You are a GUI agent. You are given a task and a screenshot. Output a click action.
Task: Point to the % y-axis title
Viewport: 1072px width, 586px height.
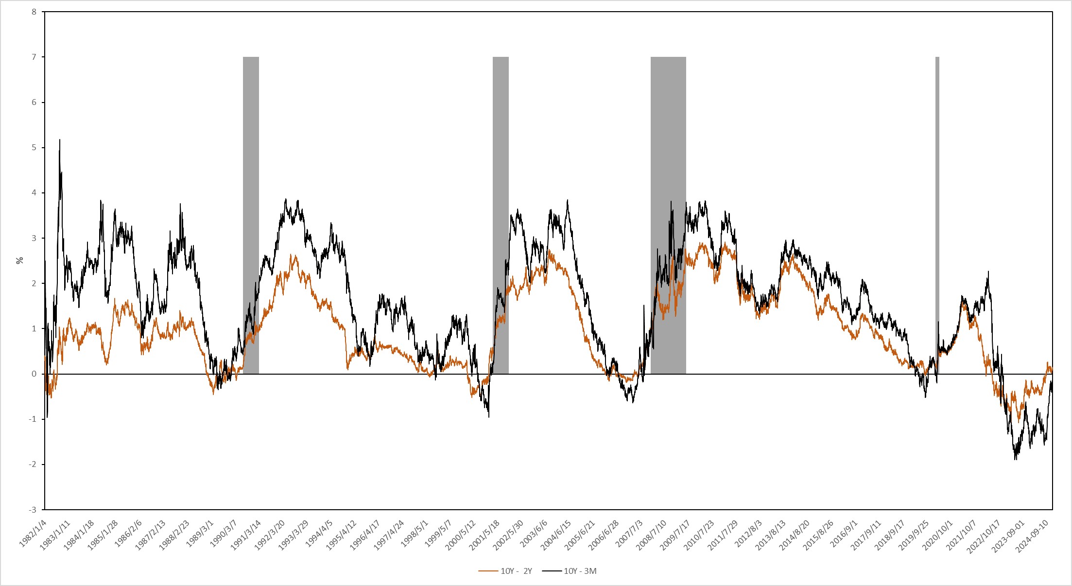coord(20,260)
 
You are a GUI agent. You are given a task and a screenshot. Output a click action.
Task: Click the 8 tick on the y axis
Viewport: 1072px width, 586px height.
coord(34,12)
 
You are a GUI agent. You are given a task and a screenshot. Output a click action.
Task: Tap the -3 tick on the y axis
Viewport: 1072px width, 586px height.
coord(32,510)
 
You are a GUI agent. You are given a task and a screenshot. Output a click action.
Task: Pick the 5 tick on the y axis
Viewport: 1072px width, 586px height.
coord(34,148)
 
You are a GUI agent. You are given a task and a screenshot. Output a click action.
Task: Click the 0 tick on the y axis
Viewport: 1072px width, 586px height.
coord(34,374)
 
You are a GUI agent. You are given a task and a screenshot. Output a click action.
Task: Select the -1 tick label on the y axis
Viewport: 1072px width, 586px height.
coord(32,419)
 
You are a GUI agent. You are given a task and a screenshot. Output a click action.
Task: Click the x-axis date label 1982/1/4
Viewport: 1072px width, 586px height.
coord(33,534)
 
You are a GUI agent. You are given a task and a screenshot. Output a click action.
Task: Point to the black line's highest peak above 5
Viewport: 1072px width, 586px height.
coord(60,140)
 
